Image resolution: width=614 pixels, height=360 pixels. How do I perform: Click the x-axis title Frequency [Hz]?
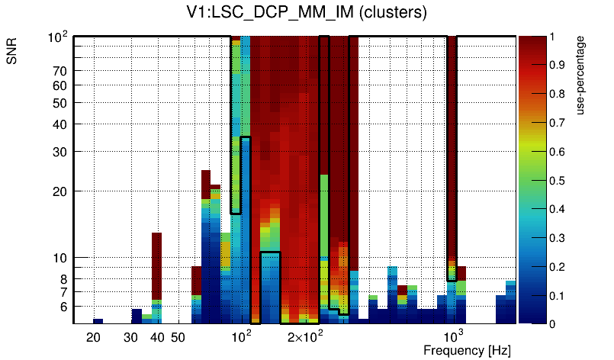pos(467,350)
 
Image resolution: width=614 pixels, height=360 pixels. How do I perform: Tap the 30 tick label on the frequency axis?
pos(130,337)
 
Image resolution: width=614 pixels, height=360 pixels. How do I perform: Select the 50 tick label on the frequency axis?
pos(178,337)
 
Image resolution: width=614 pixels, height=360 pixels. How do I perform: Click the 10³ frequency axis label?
pos(455,336)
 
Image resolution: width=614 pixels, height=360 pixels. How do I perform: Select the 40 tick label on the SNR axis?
pos(59,124)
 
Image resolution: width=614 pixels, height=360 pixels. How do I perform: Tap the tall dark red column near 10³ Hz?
pos(452,153)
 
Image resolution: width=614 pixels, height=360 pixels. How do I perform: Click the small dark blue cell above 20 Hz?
pos(98,321)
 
